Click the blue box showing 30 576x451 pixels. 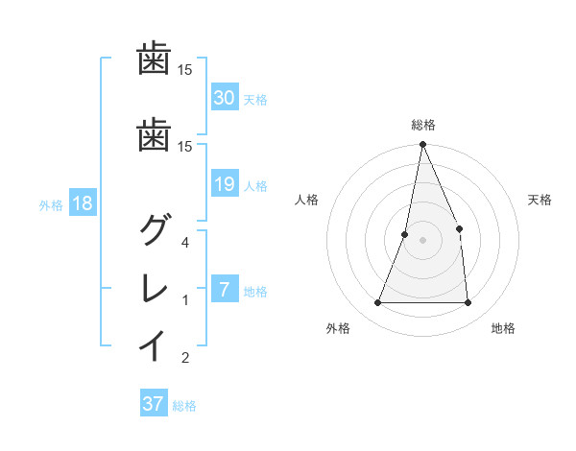pyautogui.click(x=224, y=98)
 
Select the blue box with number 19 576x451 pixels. pyautogui.click(x=224, y=184)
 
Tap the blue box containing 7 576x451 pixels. pyautogui.click(x=224, y=290)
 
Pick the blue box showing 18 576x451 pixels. pyautogui.click(x=82, y=203)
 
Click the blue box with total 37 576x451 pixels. pyautogui.click(x=154, y=404)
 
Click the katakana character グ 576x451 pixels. pyautogui.click(x=154, y=230)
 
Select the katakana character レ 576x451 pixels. pyautogui.click(x=154, y=288)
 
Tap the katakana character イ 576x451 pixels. pyautogui.click(x=154, y=345)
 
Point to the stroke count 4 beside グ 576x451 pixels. pyautogui.click(x=186, y=243)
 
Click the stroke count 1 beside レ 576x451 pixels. pyautogui.click(x=186, y=301)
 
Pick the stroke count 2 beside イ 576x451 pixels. pyautogui.click(x=186, y=359)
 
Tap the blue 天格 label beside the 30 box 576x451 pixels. pyautogui.click(x=255, y=99)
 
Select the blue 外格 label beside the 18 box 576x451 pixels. pyautogui.click(x=51, y=204)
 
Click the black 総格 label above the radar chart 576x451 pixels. pyautogui.click(x=422, y=125)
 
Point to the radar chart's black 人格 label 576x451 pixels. pyautogui.click(x=306, y=200)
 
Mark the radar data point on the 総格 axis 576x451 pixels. pyautogui.click(x=422, y=145)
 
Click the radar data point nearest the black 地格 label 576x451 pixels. pyautogui.click(x=468, y=303)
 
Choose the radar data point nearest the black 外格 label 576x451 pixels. pyautogui.click(x=377, y=303)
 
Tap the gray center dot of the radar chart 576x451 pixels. pyautogui.click(x=422, y=240)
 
